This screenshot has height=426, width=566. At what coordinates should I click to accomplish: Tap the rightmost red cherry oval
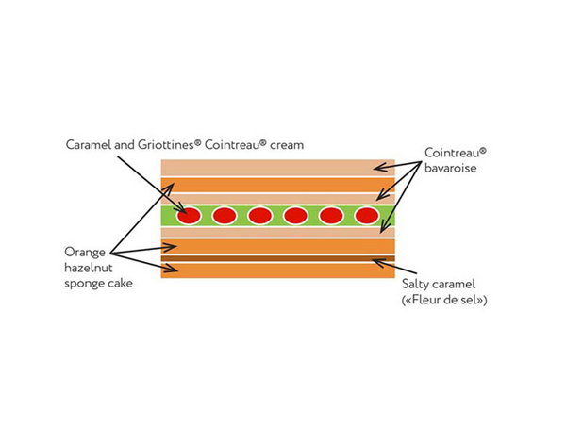pos(366,216)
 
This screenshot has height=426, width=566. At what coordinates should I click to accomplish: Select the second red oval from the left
pos(225,216)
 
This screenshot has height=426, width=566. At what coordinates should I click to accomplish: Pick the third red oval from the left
pos(259,216)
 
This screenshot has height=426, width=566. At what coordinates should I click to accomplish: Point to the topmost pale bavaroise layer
pos(278,168)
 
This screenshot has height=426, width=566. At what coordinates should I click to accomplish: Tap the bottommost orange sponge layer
pos(278,270)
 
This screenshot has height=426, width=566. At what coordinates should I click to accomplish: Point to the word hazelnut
pos(89,269)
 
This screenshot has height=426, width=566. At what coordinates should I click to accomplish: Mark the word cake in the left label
pos(121,284)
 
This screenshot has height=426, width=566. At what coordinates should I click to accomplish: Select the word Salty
pos(416,284)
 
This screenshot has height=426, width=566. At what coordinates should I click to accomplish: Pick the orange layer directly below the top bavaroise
pos(278,184)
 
